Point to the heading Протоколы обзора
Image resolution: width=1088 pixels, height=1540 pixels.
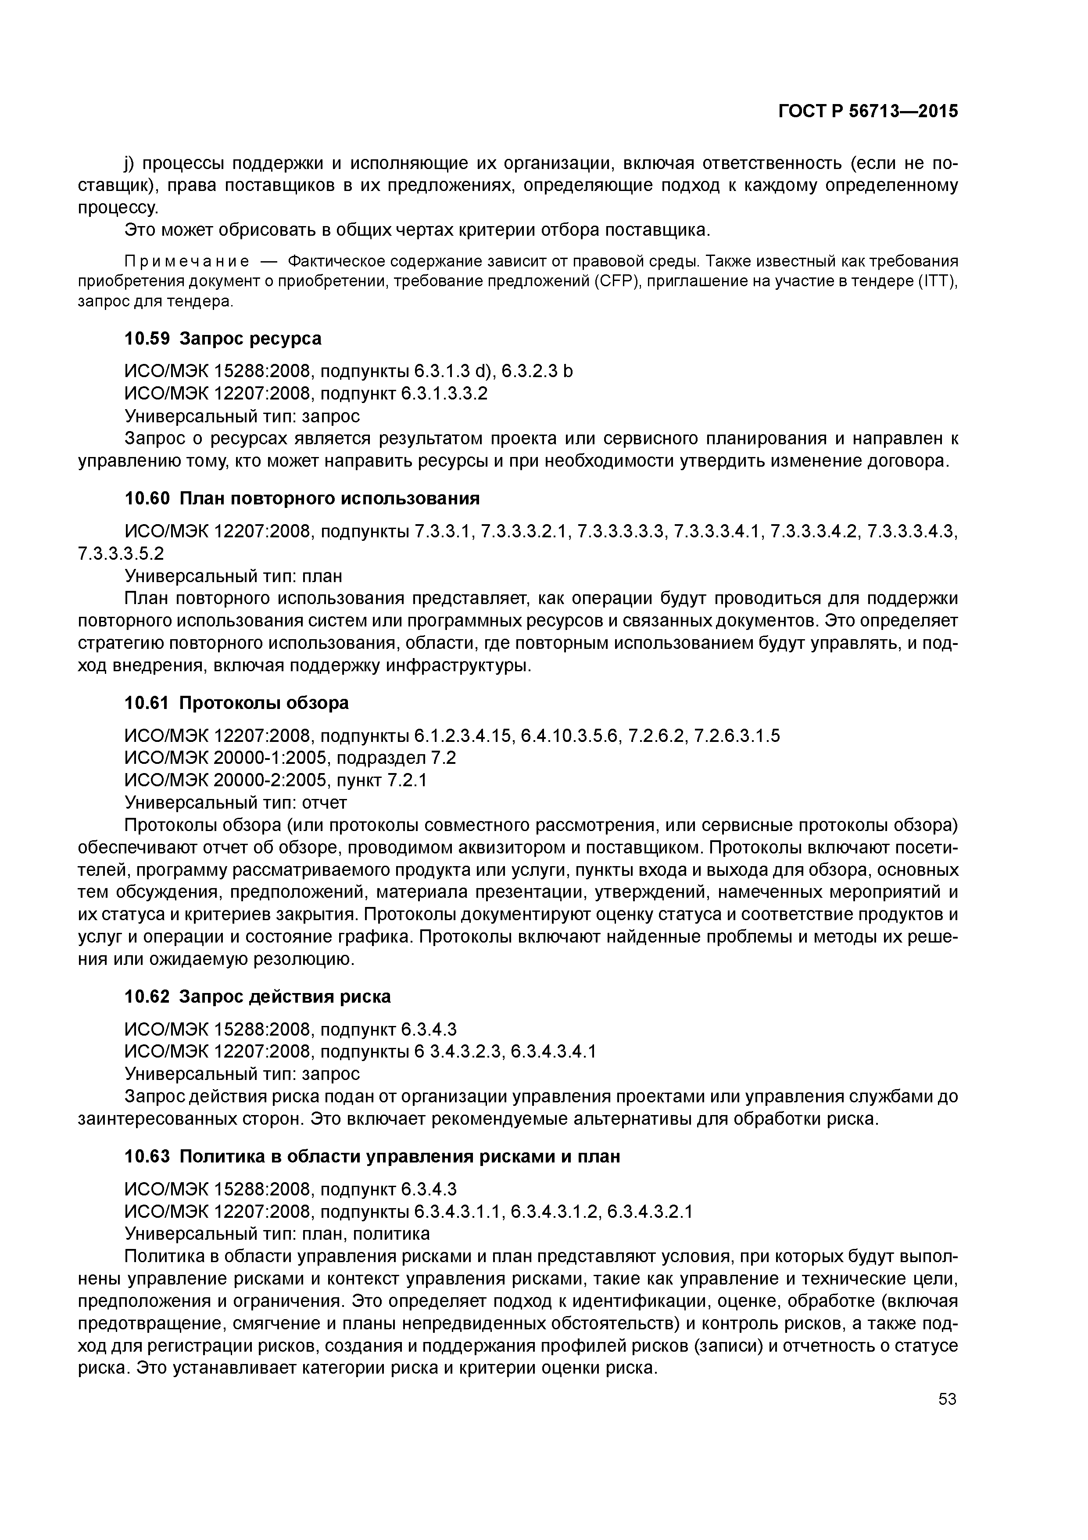[x=264, y=703]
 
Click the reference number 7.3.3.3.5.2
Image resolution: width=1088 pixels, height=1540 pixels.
[x=121, y=553]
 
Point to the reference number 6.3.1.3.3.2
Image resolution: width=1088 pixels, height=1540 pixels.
[x=444, y=394]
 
